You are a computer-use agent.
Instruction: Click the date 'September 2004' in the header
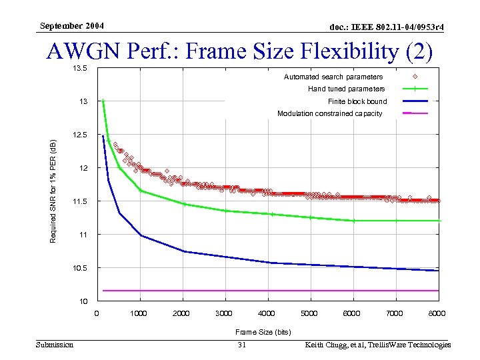[71, 26]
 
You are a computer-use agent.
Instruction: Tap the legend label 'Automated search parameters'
[333, 77]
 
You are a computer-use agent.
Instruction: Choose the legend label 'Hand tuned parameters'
[346, 89]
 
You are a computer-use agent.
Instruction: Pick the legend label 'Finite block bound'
[357, 101]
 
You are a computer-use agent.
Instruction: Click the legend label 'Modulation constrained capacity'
[330, 113]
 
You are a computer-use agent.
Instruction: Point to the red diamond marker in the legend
[415, 77]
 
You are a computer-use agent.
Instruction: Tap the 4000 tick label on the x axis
[267, 313]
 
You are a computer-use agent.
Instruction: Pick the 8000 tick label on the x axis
[437, 313]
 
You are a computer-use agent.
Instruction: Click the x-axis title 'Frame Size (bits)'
[263, 331]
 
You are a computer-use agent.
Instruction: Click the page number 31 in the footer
[242, 345]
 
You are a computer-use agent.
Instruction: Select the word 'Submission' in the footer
[55, 345]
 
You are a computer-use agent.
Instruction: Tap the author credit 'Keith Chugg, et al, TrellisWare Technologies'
[377, 345]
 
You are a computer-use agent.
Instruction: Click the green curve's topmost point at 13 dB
[103, 101]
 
